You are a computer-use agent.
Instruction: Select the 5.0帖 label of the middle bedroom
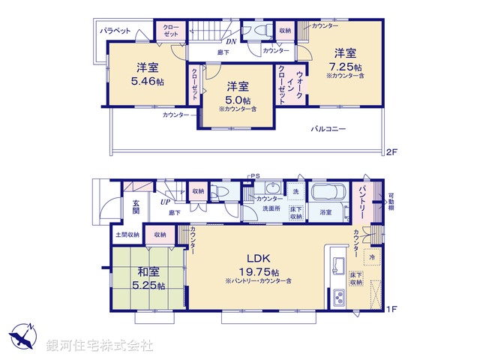pos(238,100)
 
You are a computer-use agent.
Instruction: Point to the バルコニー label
pos(328,129)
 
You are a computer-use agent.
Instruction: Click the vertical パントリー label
pos(361,200)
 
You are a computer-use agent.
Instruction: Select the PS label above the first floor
pos(255,178)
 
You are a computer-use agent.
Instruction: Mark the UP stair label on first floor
pos(165,201)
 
